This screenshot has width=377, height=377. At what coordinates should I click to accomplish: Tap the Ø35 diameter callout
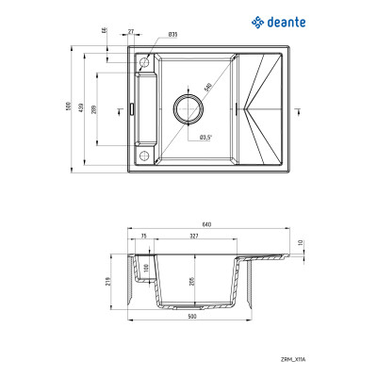pos(172,34)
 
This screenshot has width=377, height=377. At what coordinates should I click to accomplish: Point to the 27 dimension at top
pos(130,30)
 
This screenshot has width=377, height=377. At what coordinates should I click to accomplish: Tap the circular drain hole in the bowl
pos(188,107)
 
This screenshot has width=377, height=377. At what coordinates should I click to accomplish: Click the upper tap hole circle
pos(145,62)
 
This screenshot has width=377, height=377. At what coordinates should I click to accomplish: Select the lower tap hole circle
pos(145,153)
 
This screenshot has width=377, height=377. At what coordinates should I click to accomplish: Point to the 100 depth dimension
pos(146,268)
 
